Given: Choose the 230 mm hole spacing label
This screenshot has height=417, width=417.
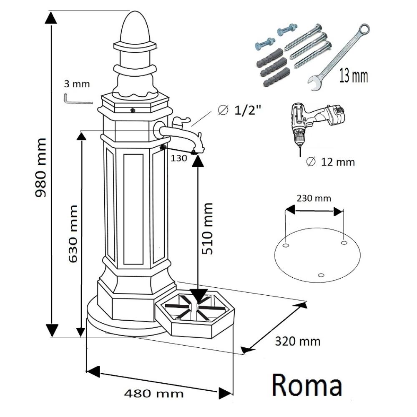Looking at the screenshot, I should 314,198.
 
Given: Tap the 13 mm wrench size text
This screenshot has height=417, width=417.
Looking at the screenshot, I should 353,76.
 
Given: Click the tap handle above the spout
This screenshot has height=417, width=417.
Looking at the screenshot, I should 179,122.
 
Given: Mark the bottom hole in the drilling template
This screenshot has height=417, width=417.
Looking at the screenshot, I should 320,274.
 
